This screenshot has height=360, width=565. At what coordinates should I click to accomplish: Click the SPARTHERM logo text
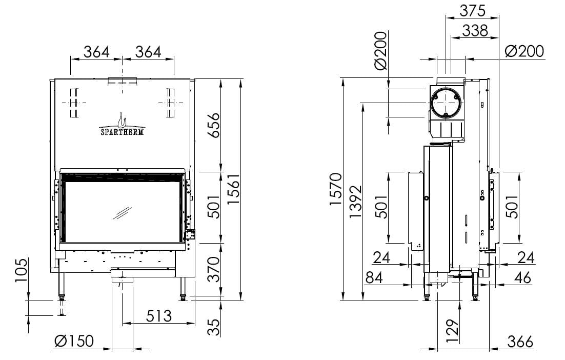122,132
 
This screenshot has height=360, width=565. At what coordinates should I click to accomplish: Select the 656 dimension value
214,125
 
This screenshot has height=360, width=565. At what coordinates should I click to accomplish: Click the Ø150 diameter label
74,341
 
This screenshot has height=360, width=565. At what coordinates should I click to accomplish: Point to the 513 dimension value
159,316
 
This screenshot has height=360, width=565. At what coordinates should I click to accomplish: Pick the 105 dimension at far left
21,270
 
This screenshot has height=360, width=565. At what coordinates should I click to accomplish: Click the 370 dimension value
214,269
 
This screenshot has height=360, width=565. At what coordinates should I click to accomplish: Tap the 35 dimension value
214,328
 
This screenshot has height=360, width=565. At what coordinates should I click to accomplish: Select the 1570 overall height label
336,189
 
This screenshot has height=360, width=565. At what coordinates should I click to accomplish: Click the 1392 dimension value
356,202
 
